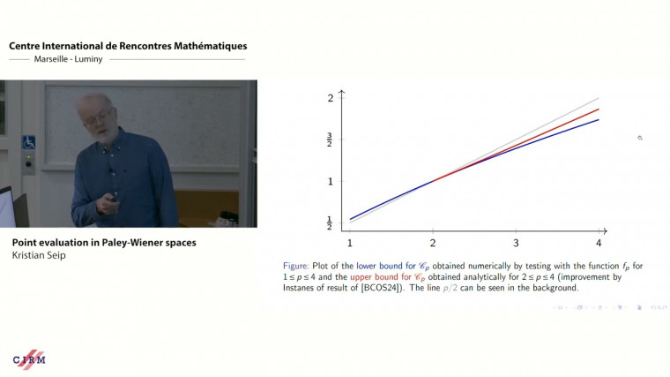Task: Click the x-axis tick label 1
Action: click(350, 242)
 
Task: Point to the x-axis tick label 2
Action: click(433, 242)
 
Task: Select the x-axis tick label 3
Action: click(516, 242)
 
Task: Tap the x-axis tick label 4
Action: click(599, 242)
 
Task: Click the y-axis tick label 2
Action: click(331, 97)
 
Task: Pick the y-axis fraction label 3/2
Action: click(330, 139)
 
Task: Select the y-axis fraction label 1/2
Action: click(330, 222)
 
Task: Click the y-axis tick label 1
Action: click(331, 181)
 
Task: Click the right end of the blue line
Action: click(599, 119)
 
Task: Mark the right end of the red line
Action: click(599, 109)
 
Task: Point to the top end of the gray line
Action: click(599, 98)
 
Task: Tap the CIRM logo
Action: click(29, 359)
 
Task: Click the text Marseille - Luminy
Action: click(59, 59)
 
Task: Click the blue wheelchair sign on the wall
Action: click(28, 142)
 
